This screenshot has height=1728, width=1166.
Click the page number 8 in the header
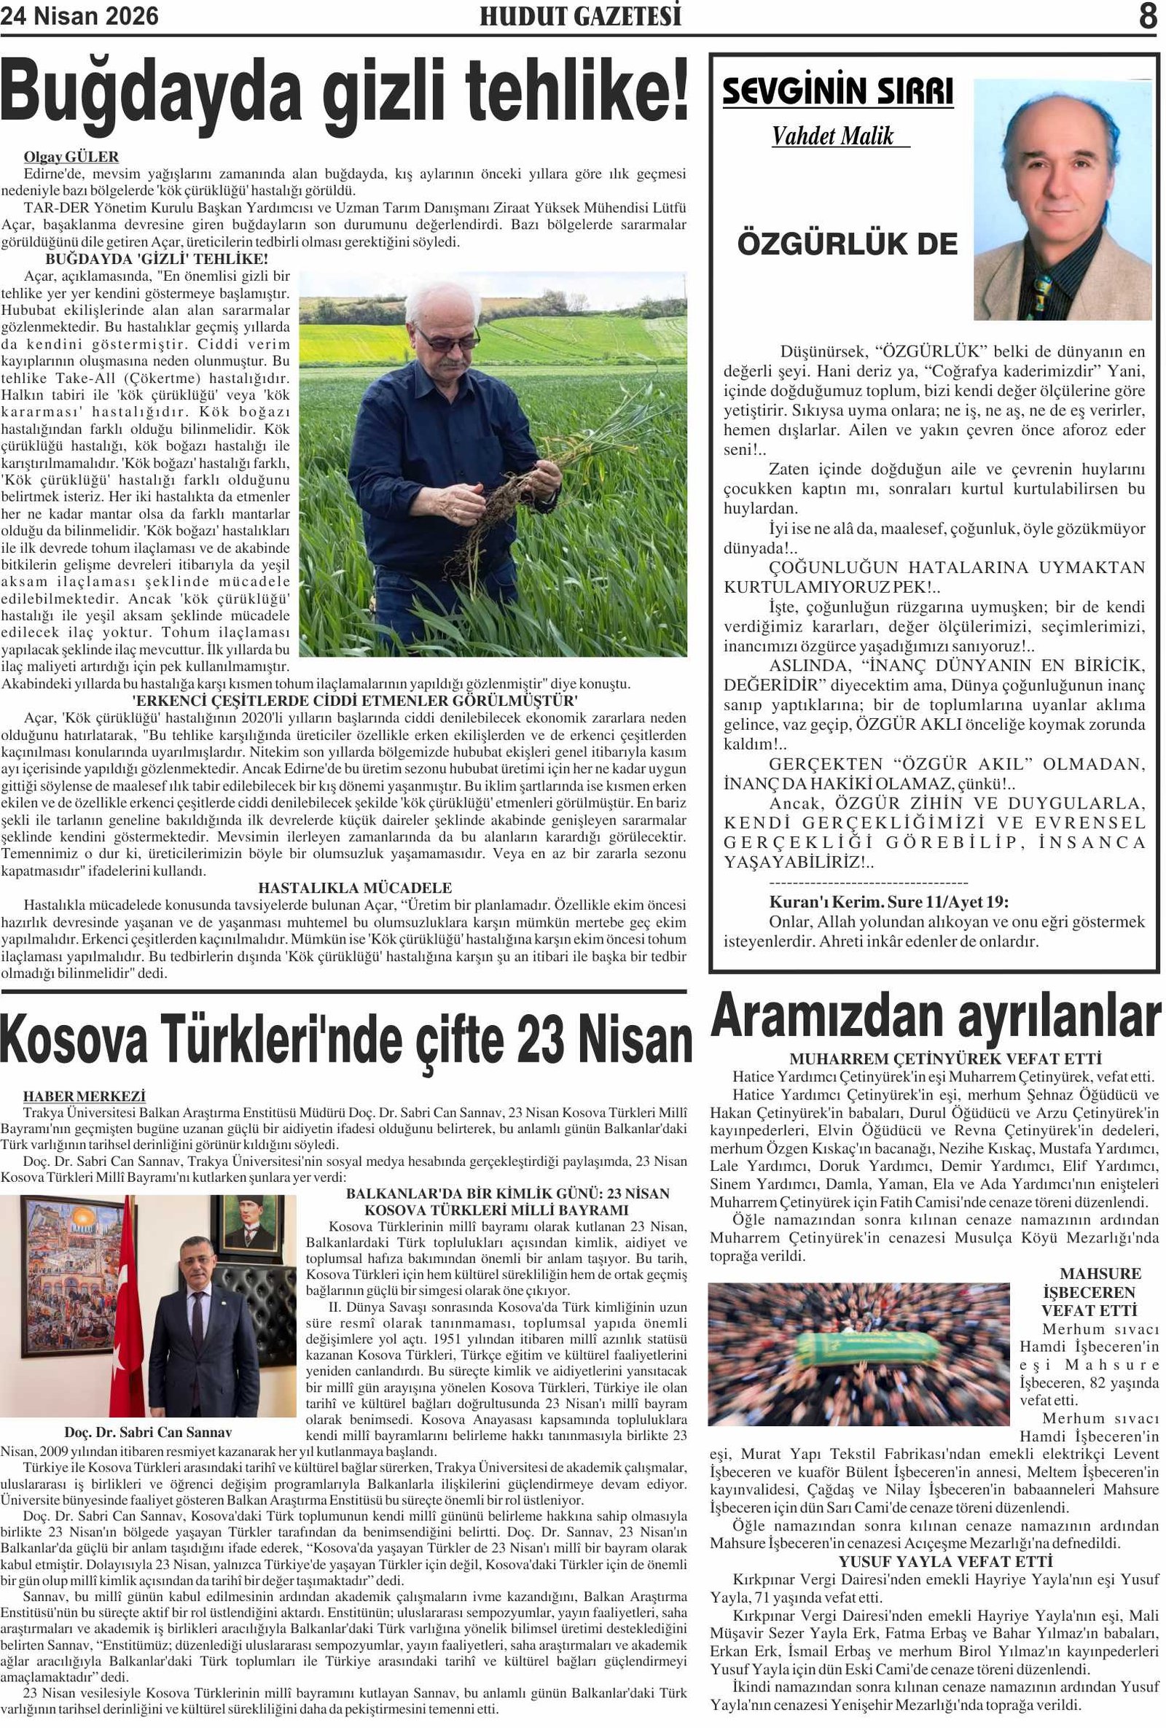[x=1146, y=15]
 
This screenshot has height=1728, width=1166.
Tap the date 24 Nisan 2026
[x=79, y=15]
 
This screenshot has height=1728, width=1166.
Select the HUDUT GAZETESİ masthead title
[x=579, y=16]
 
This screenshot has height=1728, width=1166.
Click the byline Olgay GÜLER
[x=71, y=157]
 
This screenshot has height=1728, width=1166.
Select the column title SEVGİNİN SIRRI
[x=837, y=92]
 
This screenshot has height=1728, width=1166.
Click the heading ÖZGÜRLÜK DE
[x=848, y=244]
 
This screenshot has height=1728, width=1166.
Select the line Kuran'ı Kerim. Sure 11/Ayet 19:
[x=889, y=902]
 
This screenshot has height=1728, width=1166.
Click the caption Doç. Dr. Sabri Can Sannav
[x=148, y=1432]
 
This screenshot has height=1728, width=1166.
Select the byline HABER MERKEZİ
[x=84, y=1096]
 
